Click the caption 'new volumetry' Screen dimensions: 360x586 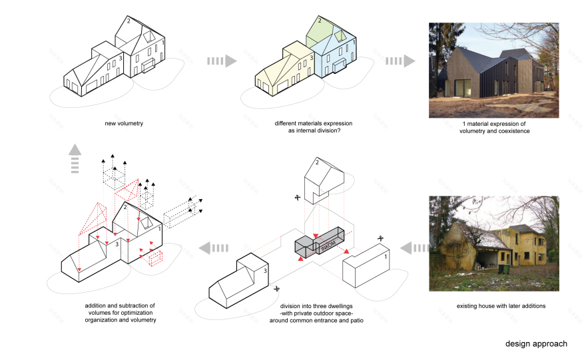(x=124, y=123)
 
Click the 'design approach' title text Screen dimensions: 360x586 (x=536, y=343)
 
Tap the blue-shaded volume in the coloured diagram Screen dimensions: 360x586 (x=336, y=57)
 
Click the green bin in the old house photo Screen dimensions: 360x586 (x=506, y=270)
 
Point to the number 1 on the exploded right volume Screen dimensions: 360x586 (x=384, y=255)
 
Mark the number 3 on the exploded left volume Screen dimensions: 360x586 (x=264, y=271)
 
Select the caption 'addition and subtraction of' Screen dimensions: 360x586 (x=120, y=305)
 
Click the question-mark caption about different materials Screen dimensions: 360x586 (x=313, y=127)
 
